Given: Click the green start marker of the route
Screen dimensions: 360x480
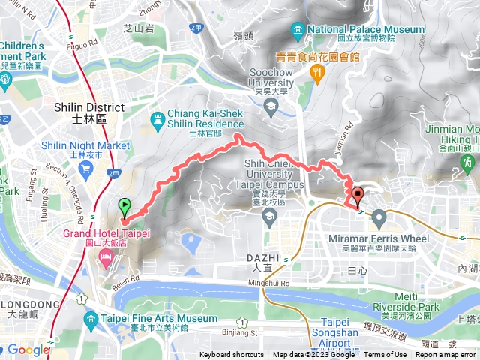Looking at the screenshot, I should coord(124,205).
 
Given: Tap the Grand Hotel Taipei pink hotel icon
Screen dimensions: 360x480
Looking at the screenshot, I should coord(106,259).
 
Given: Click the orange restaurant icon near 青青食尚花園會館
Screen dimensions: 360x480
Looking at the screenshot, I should coord(318,72).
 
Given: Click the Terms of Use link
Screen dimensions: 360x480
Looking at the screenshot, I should coord(385,355).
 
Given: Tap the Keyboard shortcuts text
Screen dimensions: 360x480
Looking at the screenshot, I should coord(231,355).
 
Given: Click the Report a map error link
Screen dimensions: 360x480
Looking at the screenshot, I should coord(447,355).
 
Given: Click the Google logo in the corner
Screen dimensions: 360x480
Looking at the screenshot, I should coord(28,349).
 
